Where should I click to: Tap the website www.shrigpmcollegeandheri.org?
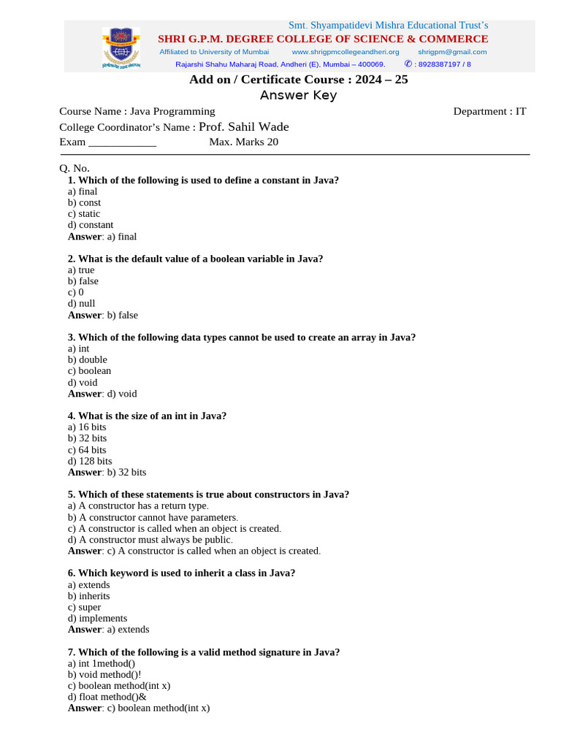point(346,52)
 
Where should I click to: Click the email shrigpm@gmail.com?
point(452,52)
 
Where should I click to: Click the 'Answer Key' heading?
point(298,96)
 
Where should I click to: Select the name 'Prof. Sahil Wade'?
point(244,127)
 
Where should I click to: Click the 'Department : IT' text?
point(489,111)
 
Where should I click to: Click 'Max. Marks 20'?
point(243,142)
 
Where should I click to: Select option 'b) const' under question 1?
point(85,202)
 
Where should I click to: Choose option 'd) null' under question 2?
point(82,303)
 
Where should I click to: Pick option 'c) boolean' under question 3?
point(89,370)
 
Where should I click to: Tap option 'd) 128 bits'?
point(90,461)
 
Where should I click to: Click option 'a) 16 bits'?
point(87,427)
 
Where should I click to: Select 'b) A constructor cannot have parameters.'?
point(153,517)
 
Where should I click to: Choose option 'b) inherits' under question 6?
point(89,595)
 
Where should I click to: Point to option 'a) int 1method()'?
point(102,663)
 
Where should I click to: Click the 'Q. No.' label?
point(75,168)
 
